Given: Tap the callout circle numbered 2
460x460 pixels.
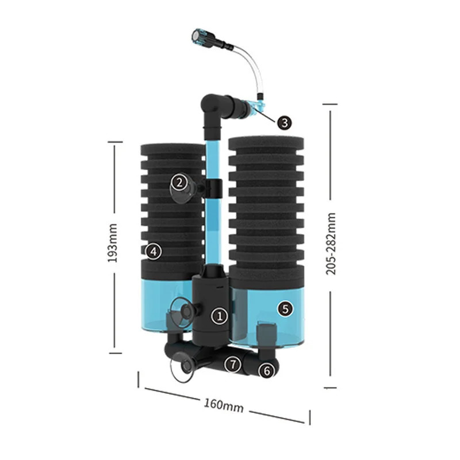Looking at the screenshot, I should pos(179,183).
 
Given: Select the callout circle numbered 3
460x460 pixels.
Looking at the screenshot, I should pos(284,122).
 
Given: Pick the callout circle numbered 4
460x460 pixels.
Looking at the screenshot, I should pos(152,251).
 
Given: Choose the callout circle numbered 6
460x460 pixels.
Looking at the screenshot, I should pos(266,371).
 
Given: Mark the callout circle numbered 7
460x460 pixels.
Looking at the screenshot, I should pos(232,363).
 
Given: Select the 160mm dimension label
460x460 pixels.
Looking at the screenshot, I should pos(224,405).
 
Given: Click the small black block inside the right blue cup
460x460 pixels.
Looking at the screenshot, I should pos(265,333).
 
